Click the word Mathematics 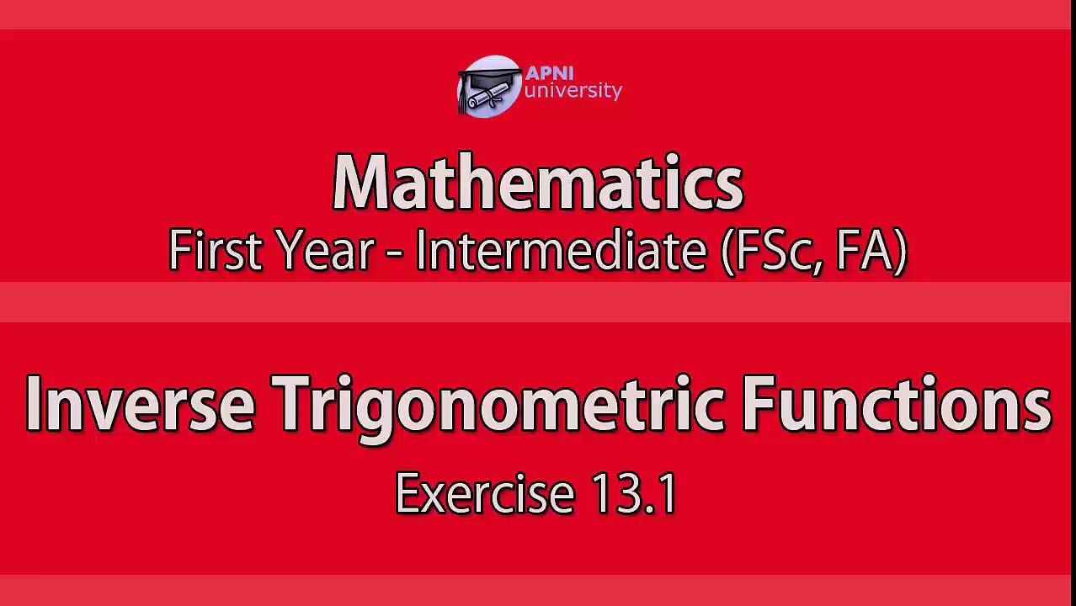[537, 183]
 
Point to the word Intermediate [560, 251]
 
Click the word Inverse [140, 404]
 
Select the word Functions [896, 404]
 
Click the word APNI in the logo [548, 73]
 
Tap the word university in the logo [573, 91]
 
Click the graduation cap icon [488, 87]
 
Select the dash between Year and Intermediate [394, 253]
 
